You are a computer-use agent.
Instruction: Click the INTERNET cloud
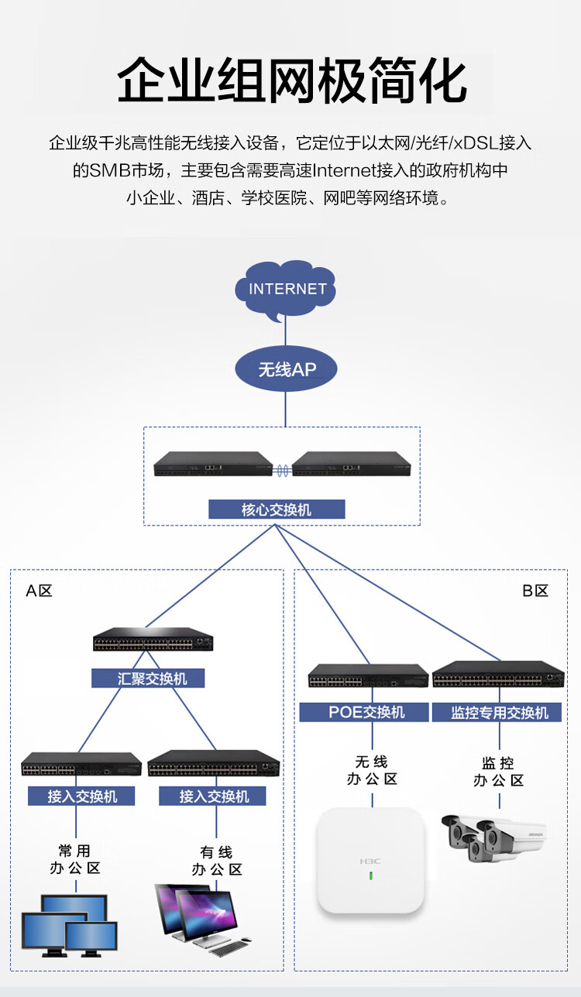(x=285, y=290)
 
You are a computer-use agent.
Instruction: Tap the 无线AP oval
(x=286, y=368)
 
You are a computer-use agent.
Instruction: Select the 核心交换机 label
(x=277, y=509)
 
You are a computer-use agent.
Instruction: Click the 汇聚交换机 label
(x=148, y=678)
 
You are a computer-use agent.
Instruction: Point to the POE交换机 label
(x=364, y=712)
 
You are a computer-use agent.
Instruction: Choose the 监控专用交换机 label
(x=497, y=713)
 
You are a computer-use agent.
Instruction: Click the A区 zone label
(x=40, y=591)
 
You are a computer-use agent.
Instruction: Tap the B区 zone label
(x=535, y=591)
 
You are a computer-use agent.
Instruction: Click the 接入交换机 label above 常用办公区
(x=81, y=796)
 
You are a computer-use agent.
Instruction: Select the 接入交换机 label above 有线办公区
(x=212, y=796)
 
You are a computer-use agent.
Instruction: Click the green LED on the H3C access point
(x=371, y=876)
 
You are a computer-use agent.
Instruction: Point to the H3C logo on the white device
(x=370, y=862)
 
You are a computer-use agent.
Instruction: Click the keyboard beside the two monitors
(x=228, y=948)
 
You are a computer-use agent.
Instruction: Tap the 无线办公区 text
(x=372, y=770)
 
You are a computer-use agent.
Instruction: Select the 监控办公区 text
(x=498, y=771)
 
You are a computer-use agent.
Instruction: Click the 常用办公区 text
(x=75, y=859)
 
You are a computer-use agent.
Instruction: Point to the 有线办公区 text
(x=217, y=860)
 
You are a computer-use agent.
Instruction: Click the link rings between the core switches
(x=282, y=471)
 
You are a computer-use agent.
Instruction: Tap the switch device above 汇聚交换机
(x=153, y=639)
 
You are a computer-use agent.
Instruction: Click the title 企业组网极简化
(x=292, y=81)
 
